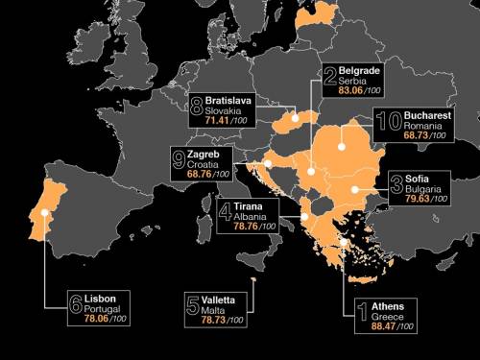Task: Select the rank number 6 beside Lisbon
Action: pos(76,309)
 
